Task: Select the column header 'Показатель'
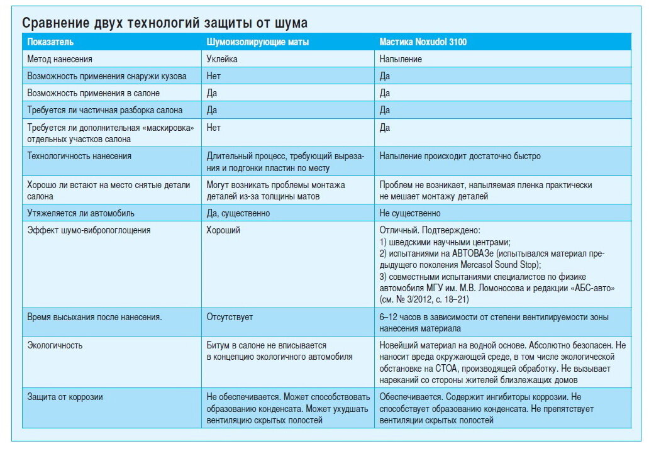click(x=50, y=42)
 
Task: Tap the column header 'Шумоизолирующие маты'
click(x=258, y=42)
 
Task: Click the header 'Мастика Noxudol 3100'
click(x=423, y=42)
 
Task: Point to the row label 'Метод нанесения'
click(x=60, y=59)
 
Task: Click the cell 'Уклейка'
click(x=222, y=59)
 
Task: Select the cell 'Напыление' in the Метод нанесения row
click(x=401, y=59)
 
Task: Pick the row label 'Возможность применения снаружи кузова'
click(x=107, y=76)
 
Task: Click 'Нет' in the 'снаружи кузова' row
click(x=214, y=76)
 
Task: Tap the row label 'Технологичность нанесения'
click(x=79, y=155)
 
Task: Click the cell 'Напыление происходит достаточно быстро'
click(x=460, y=155)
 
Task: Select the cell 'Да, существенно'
click(x=238, y=213)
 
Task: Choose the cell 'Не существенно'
click(x=410, y=213)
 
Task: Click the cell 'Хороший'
click(x=223, y=230)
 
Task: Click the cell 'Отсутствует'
click(x=230, y=317)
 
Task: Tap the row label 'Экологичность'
click(x=55, y=345)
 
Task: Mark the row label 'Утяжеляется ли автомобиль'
click(x=81, y=213)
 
